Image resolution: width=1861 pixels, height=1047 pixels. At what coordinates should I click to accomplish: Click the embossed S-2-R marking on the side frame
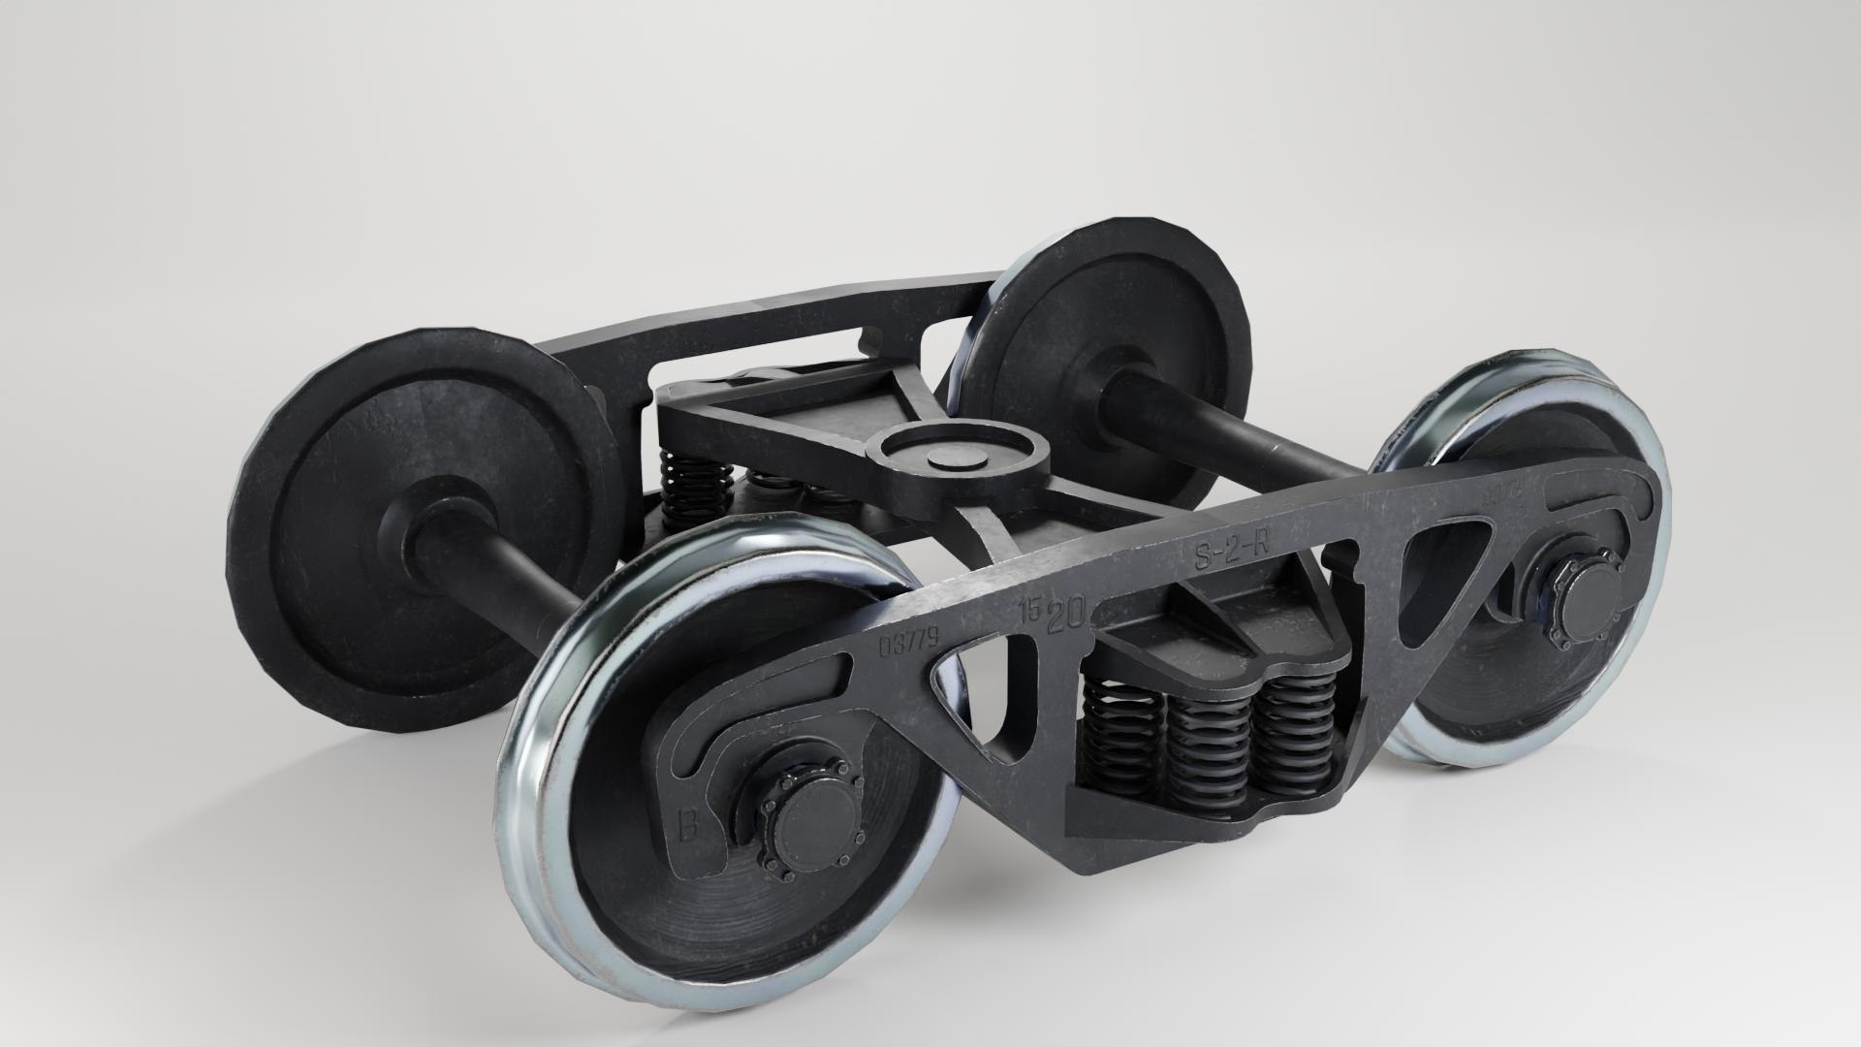point(1232,551)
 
